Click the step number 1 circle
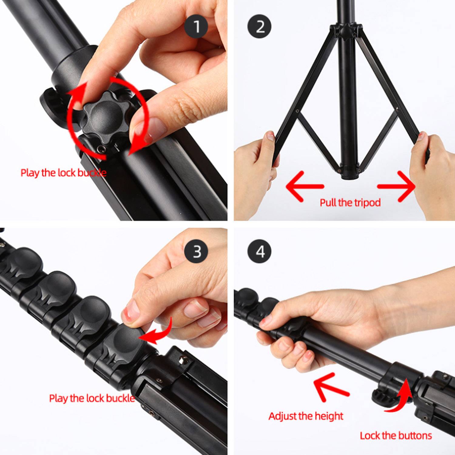pos(196,26)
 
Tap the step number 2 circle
pos(260,26)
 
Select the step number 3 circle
pos(196,251)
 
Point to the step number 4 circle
pos(260,251)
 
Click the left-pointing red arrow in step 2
pos(303,186)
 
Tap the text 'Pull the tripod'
pos(350,203)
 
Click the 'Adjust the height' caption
pos(306,416)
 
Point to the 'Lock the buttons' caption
pos(396,436)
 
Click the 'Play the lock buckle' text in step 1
pos(63,173)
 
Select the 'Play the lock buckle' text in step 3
pos(92,398)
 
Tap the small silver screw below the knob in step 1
pos(102,148)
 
